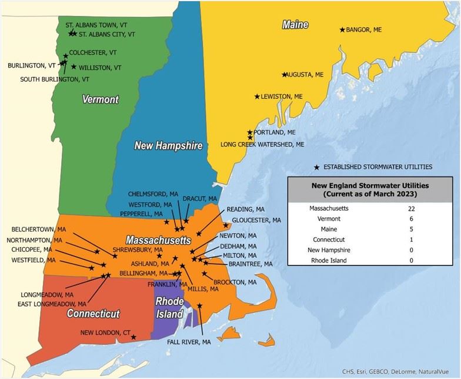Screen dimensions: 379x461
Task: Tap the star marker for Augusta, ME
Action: [x=285, y=75]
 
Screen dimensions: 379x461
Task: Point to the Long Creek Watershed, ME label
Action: [x=262, y=144]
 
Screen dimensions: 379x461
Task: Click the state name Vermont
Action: [x=100, y=99]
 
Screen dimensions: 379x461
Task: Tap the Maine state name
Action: [x=295, y=25]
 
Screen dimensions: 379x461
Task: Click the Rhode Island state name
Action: [x=169, y=308]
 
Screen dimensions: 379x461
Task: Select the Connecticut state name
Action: [x=93, y=314]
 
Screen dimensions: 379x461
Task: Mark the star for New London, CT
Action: [x=134, y=337]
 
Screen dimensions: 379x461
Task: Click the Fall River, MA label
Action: [x=189, y=342]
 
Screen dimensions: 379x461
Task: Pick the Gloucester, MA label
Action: [x=256, y=220]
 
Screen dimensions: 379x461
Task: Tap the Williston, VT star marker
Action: [x=74, y=67]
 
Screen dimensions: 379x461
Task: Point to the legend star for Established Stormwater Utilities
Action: [x=317, y=167]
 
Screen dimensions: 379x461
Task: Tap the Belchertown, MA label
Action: [x=36, y=230]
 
